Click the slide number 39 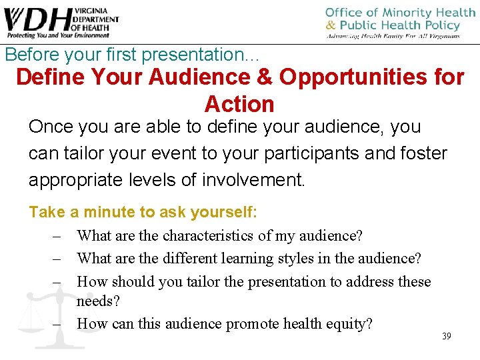click(446, 336)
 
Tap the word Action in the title click(239, 104)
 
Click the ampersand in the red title click(265, 77)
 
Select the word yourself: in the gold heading click(223, 213)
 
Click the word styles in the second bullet click(298, 258)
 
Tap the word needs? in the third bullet click(98, 301)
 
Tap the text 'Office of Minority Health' click(400, 13)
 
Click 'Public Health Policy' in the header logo click(402, 25)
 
